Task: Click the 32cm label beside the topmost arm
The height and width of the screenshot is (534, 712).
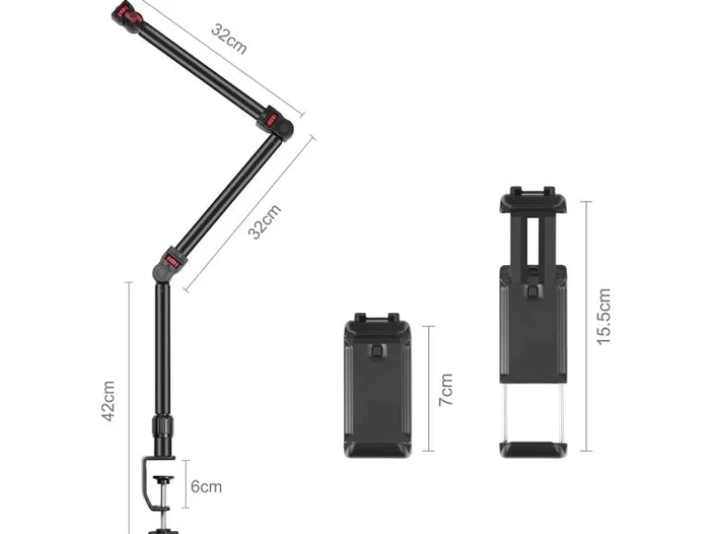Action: coord(229,39)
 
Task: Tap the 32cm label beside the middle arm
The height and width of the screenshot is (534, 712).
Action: coord(264,222)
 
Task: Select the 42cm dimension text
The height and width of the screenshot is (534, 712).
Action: coord(108,401)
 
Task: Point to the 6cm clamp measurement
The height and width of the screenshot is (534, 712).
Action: coord(206,486)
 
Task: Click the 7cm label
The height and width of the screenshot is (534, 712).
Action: coord(446,390)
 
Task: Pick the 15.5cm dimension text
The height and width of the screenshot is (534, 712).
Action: coord(604,317)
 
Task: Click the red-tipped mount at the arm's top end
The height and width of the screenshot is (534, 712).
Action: coord(128,18)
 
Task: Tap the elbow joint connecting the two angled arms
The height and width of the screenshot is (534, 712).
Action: coord(276,124)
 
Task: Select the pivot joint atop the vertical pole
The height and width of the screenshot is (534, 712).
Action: coord(168,264)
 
